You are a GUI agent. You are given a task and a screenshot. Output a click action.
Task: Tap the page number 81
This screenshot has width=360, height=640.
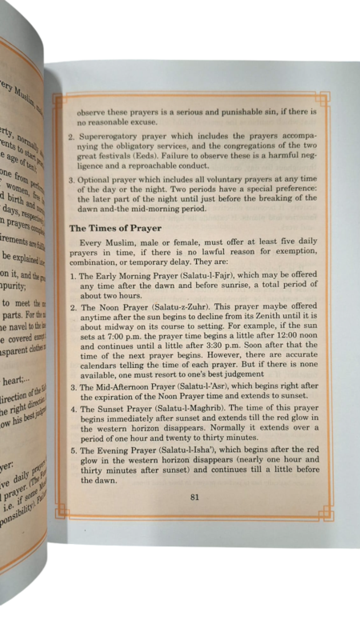click(x=194, y=497)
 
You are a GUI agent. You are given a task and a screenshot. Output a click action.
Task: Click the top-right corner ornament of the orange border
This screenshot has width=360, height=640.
click(x=324, y=98)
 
